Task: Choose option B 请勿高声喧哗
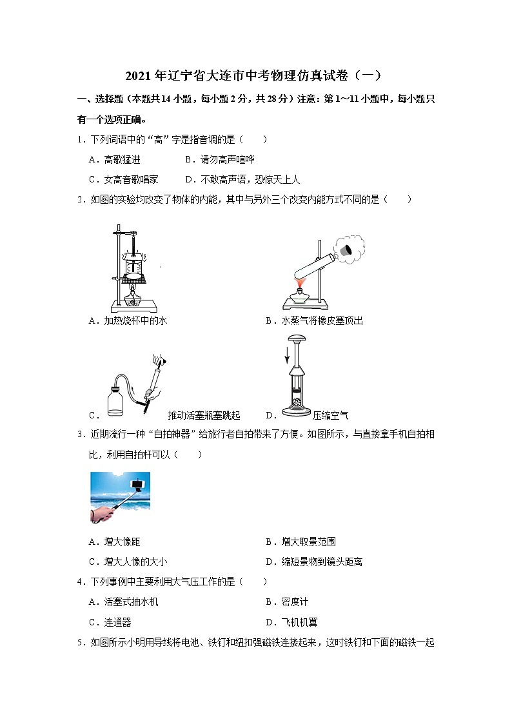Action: click(x=219, y=159)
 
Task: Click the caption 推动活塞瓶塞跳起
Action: click(x=204, y=415)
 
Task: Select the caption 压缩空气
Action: click(x=330, y=415)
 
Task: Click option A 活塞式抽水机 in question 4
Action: click(x=123, y=602)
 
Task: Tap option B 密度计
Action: click(x=287, y=602)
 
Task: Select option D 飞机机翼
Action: click(x=291, y=622)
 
